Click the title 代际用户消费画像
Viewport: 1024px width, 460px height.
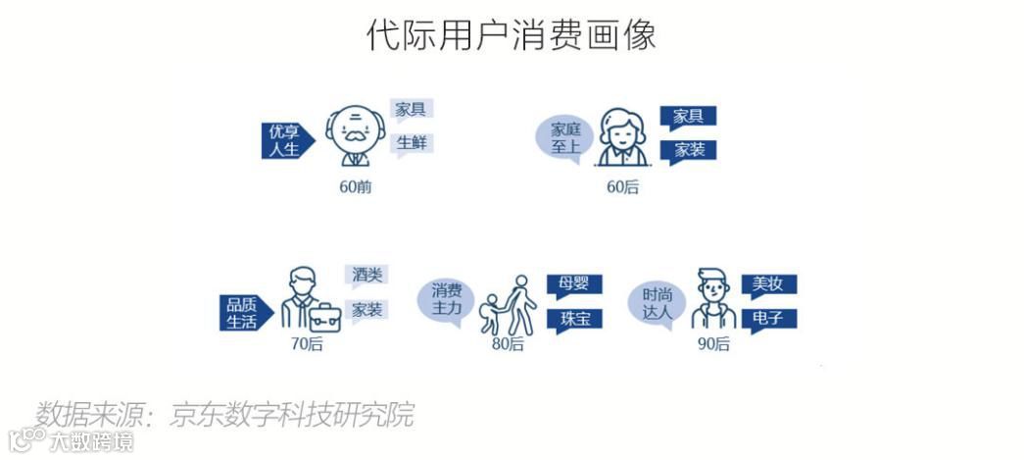(x=511, y=34)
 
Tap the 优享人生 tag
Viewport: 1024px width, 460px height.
(x=287, y=140)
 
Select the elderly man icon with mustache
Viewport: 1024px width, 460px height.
(x=355, y=137)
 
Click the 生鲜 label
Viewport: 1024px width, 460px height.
(x=413, y=143)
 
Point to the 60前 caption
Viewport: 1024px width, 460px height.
(x=356, y=187)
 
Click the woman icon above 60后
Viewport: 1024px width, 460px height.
(x=622, y=138)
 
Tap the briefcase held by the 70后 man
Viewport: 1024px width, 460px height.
(x=323, y=317)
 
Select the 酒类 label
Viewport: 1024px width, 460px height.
(x=366, y=276)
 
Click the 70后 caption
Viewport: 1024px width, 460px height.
(x=306, y=344)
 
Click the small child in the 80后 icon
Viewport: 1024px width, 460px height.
(x=490, y=312)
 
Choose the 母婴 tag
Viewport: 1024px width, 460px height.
(x=574, y=285)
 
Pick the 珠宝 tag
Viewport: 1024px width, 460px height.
(x=574, y=320)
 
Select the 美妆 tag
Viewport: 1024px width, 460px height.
(x=768, y=285)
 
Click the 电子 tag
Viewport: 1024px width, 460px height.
(x=768, y=320)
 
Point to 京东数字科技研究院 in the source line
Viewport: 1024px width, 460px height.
(x=292, y=414)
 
